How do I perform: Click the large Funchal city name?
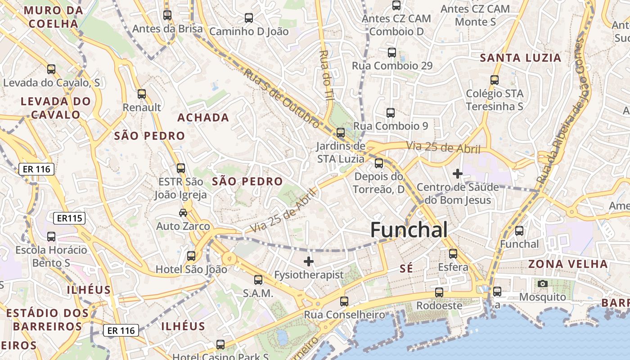tap(409, 230)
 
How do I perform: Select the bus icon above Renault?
tap(142, 94)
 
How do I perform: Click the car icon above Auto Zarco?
tap(183, 212)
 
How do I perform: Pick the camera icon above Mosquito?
tap(543, 283)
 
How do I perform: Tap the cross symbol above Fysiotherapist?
tap(309, 261)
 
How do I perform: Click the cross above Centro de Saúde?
tap(458, 173)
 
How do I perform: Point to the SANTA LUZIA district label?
tap(521, 58)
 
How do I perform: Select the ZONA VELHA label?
tap(568, 264)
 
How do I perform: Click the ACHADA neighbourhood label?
tap(203, 117)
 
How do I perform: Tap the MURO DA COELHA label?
tap(54, 17)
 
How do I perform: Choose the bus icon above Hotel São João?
tap(191, 256)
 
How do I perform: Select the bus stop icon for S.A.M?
tap(258, 280)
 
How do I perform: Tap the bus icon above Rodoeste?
tap(439, 292)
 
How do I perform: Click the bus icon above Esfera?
tap(453, 254)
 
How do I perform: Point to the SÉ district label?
tap(406, 269)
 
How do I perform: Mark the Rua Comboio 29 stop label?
tap(392, 66)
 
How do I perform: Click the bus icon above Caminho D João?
tap(249, 18)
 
